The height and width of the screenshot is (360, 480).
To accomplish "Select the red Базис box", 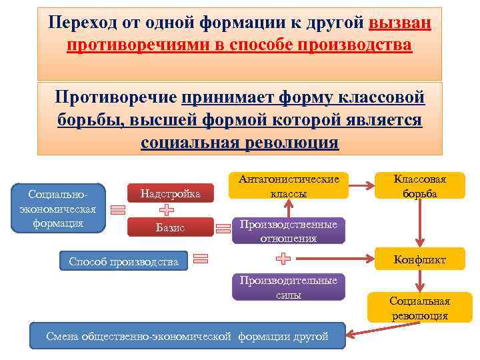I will pos(170,228).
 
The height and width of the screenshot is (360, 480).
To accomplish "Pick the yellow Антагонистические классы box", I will pos(289,186).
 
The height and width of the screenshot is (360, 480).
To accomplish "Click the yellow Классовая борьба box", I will pos(420,186).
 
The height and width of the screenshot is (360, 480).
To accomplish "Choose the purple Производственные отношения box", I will pos(289,231).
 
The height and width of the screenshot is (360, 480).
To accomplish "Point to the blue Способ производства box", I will pos(124,261).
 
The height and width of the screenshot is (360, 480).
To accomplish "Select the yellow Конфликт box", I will pos(420,259).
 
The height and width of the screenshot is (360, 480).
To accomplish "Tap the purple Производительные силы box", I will pos(289,287).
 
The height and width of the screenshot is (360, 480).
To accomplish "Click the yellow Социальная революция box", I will pos(420,308).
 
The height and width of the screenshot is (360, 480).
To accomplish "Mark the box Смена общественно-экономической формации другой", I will pos(187,337).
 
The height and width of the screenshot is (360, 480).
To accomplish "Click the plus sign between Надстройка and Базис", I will pos(167,211).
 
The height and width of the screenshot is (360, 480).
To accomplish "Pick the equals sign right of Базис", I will pos(223,229).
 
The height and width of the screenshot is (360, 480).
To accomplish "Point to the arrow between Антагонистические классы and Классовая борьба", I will pos(362,185).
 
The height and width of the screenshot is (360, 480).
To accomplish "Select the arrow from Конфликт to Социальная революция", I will pos(420,281).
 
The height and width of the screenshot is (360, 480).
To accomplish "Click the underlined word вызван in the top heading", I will pos(399,24).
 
